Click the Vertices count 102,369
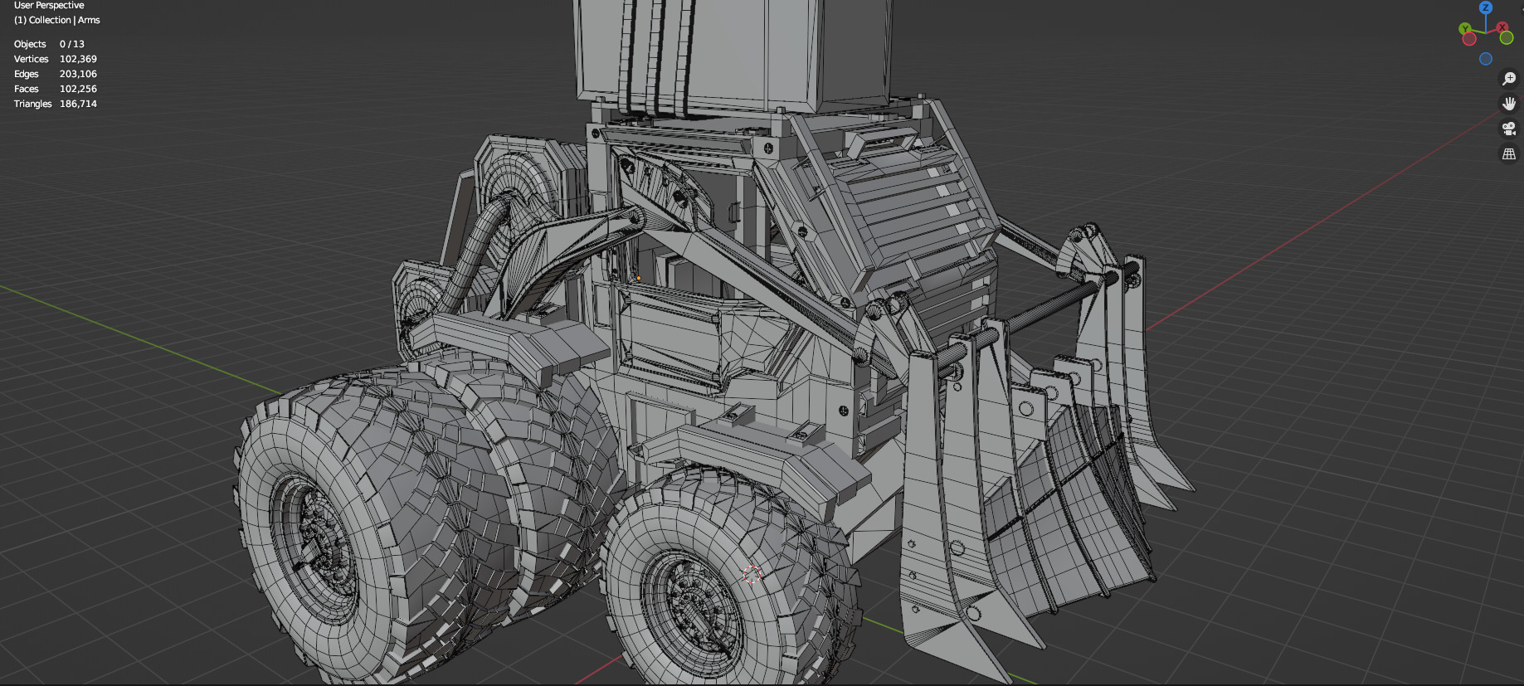(78, 59)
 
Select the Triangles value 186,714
(78, 104)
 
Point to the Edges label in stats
(27, 74)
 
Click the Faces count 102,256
(78, 89)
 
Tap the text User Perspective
(49, 5)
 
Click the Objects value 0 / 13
(72, 44)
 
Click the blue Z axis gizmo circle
(1486, 7)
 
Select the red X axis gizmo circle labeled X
(1502, 27)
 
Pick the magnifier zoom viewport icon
(1509, 79)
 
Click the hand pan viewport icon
(1509, 104)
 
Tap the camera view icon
(1509, 129)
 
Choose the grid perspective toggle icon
(1509, 153)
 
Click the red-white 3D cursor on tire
(752, 574)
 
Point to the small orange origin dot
(638, 278)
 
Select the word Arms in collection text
(89, 20)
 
